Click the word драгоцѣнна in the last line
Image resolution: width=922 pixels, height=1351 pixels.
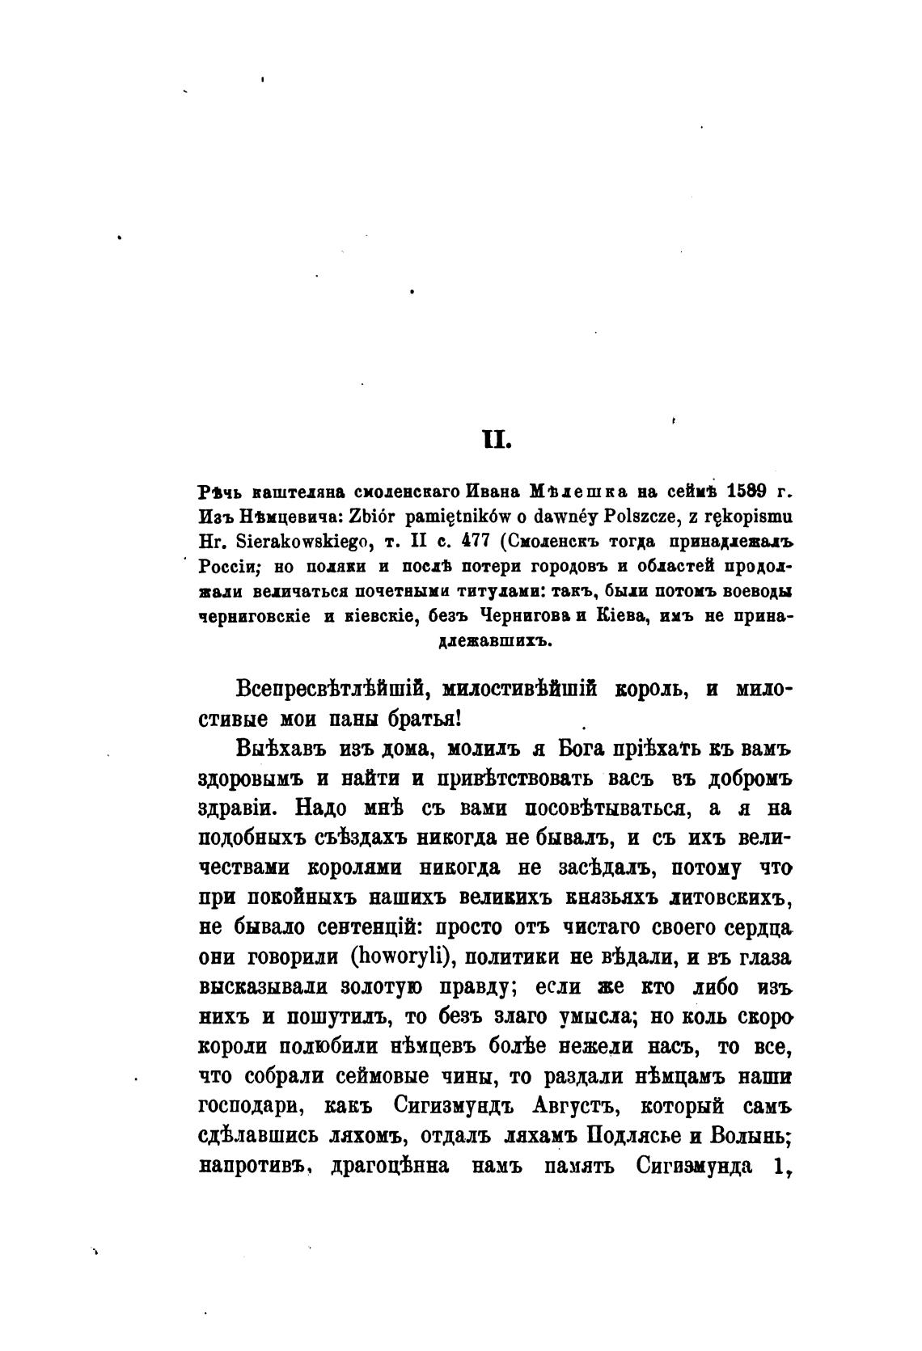click(391, 1166)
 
